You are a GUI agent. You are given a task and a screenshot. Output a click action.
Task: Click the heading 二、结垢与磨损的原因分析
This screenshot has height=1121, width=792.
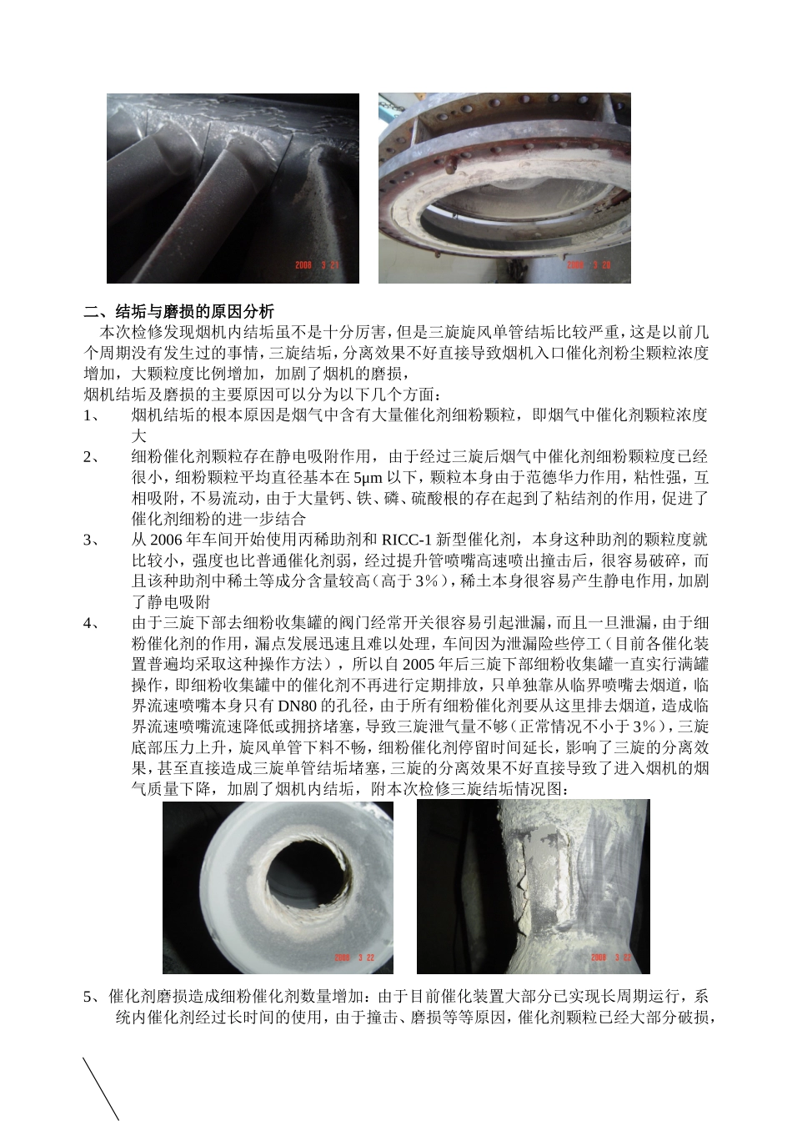tap(178, 312)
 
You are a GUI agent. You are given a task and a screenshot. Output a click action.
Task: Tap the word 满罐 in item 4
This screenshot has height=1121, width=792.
tap(694, 665)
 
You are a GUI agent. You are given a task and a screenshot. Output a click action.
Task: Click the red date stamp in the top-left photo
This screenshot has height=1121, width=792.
tap(317, 265)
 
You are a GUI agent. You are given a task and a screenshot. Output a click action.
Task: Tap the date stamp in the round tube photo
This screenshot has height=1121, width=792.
tap(353, 958)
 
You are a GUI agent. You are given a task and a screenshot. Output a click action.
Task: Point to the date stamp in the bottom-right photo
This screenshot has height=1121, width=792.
tap(610, 958)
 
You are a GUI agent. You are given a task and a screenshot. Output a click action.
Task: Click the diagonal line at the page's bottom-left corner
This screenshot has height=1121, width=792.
tap(101, 1088)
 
